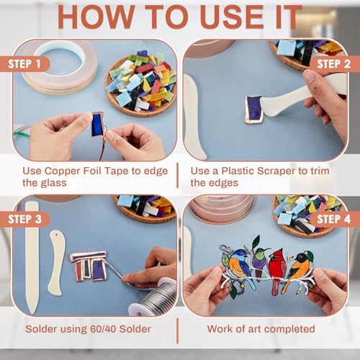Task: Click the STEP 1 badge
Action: click(x=24, y=64)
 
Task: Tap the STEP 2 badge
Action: click(x=334, y=64)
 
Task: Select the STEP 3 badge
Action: click(x=24, y=219)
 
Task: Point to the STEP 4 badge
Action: click(x=334, y=219)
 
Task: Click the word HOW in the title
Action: click(x=96, y=17)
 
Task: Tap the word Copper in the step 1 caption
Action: click(x=62, y=171)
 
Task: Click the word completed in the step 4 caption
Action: click(x=291, y=329)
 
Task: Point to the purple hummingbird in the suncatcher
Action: click(x=259, y=261)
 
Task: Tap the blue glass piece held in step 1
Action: click(x=97, y=125)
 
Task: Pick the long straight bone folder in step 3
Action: click(x=32, y=258)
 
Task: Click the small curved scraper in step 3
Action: click(x=56, y=263)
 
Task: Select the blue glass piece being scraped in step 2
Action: click(x=253, y=109)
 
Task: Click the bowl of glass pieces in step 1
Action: click(x=141, y=84)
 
